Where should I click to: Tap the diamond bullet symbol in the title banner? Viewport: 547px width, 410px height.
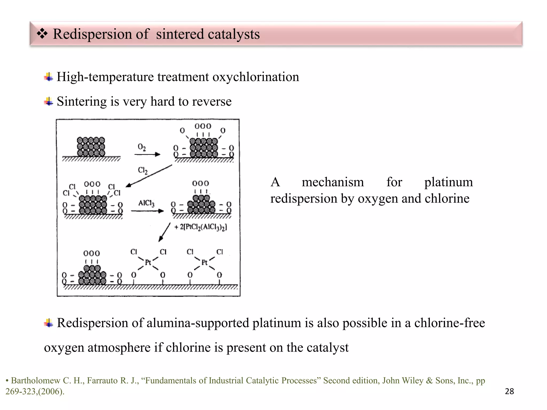tap(42, 34)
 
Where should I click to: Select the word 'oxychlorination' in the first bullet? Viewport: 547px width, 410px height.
tap(256, 77)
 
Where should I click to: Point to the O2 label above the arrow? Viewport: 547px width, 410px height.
tap(142, 147)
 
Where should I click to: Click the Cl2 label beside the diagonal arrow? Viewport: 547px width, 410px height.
tap(142, 170)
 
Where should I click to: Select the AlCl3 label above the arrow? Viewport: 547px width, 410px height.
tap(146, 203)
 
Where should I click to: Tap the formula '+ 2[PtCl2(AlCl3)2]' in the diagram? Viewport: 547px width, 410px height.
tap(201, 227)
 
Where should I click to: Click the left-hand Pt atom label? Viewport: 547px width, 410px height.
tap(148, 263)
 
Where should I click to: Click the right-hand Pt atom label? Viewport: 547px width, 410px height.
tap(204, 263)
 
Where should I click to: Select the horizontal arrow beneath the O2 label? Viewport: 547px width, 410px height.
tap(147, 154)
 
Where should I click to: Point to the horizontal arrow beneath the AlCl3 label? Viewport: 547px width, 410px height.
tap(147, 211)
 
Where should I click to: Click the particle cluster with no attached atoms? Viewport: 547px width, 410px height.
tap(91, 147)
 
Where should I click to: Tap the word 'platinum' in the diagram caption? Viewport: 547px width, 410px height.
tap(448, 183)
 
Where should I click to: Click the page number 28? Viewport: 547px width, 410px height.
tap(509, 391)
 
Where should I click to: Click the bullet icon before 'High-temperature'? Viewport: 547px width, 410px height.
tap(48, 77)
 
